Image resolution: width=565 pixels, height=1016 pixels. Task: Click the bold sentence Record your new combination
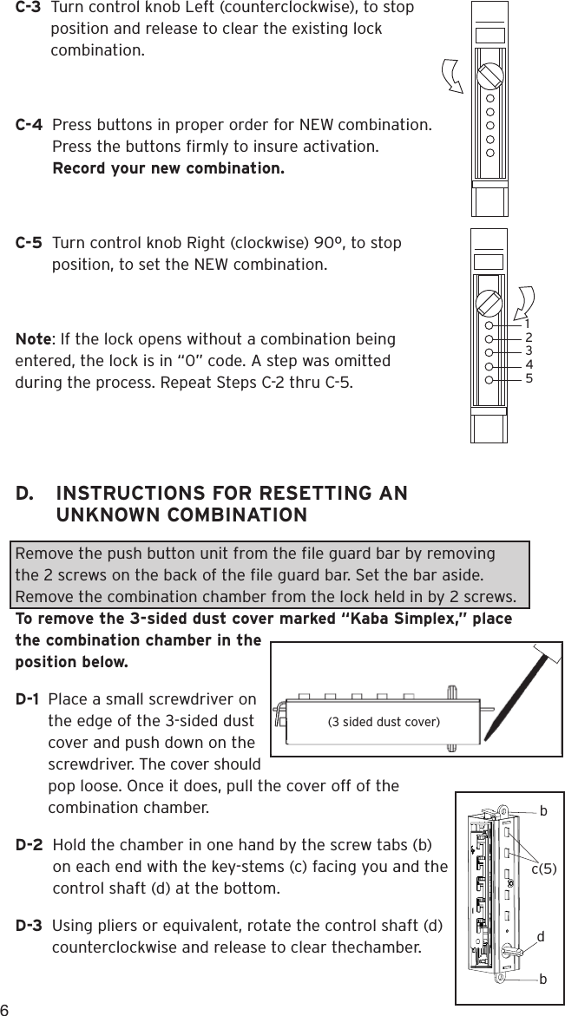point(168,167)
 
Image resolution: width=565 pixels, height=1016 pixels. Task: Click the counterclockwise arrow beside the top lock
point(454,75)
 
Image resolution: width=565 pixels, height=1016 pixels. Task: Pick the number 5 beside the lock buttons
point(529,378)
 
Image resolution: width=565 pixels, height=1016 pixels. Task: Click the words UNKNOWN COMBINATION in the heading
point(181,516)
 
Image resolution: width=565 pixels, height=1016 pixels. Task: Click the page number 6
point(5,1009)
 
